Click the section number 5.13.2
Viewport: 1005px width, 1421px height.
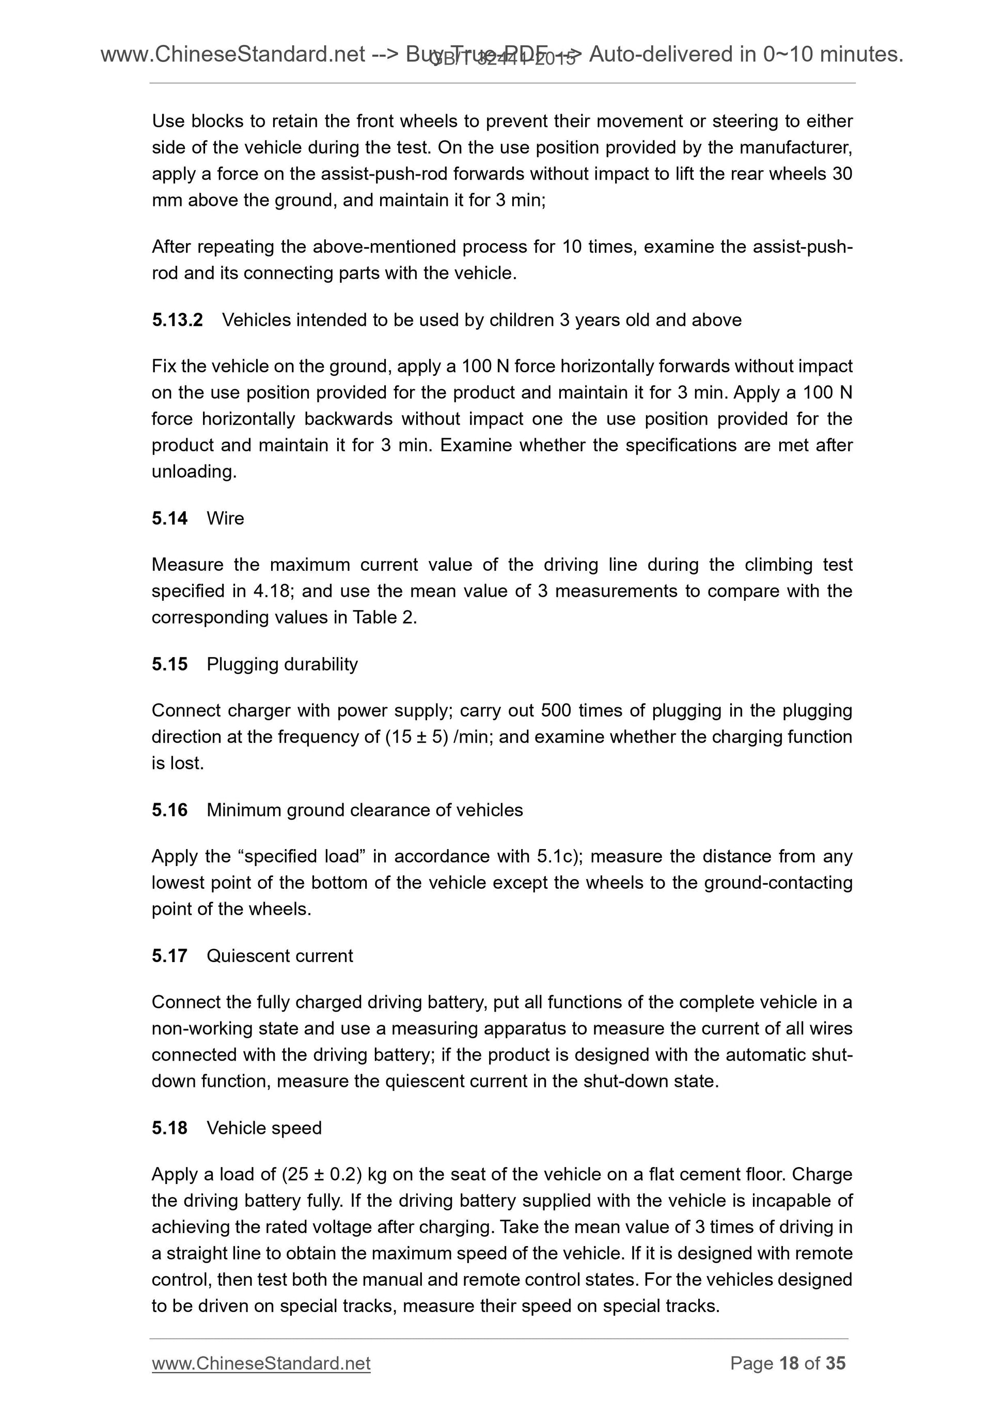pyautogui.click(x=177, y=320)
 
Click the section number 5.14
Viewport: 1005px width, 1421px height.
pyautogui.click(x=169, y=518)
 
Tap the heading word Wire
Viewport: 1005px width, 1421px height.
pyautogui.click(x=225, y=518)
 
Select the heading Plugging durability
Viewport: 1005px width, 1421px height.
pyautogui.click(x=282, y=664)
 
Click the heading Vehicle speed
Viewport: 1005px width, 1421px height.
pyautogui.click(x=264, y=1128)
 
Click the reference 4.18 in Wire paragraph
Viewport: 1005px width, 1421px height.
pyautogui.click(x=272, y=591)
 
